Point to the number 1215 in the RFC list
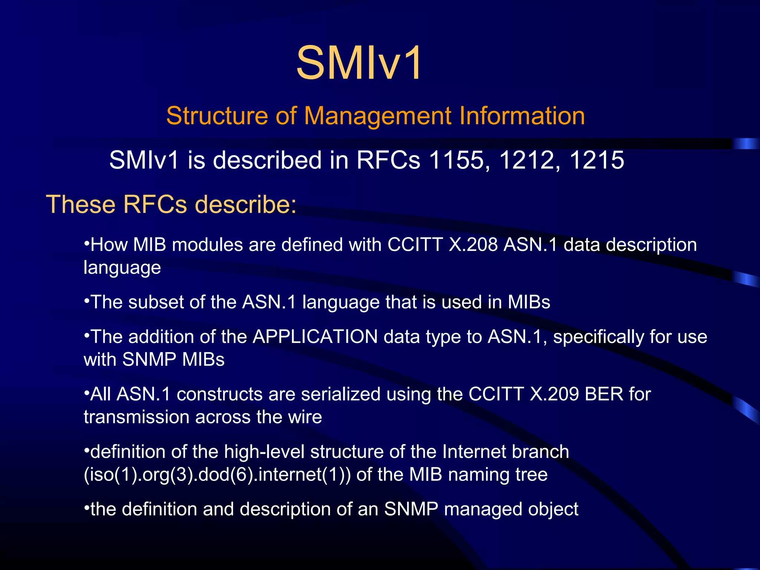(x=597, y=160)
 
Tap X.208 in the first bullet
(x=473, y=245)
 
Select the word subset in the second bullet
(x=156, y=302)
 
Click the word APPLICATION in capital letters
(x=315, y=337)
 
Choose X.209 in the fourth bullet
(x=554, y=394)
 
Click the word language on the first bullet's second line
(x=122, y=268)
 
